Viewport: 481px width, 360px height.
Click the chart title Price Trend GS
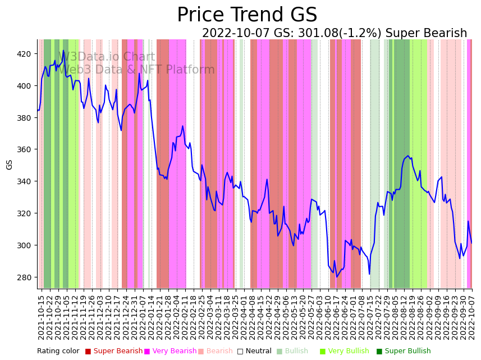247,15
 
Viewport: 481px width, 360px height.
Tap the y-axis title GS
10,164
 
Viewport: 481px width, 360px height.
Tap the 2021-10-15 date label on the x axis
41,317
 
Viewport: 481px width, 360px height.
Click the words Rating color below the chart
58,352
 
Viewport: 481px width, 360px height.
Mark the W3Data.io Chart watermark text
106,57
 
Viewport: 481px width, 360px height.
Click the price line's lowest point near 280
337,277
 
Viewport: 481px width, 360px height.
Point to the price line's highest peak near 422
63,51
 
